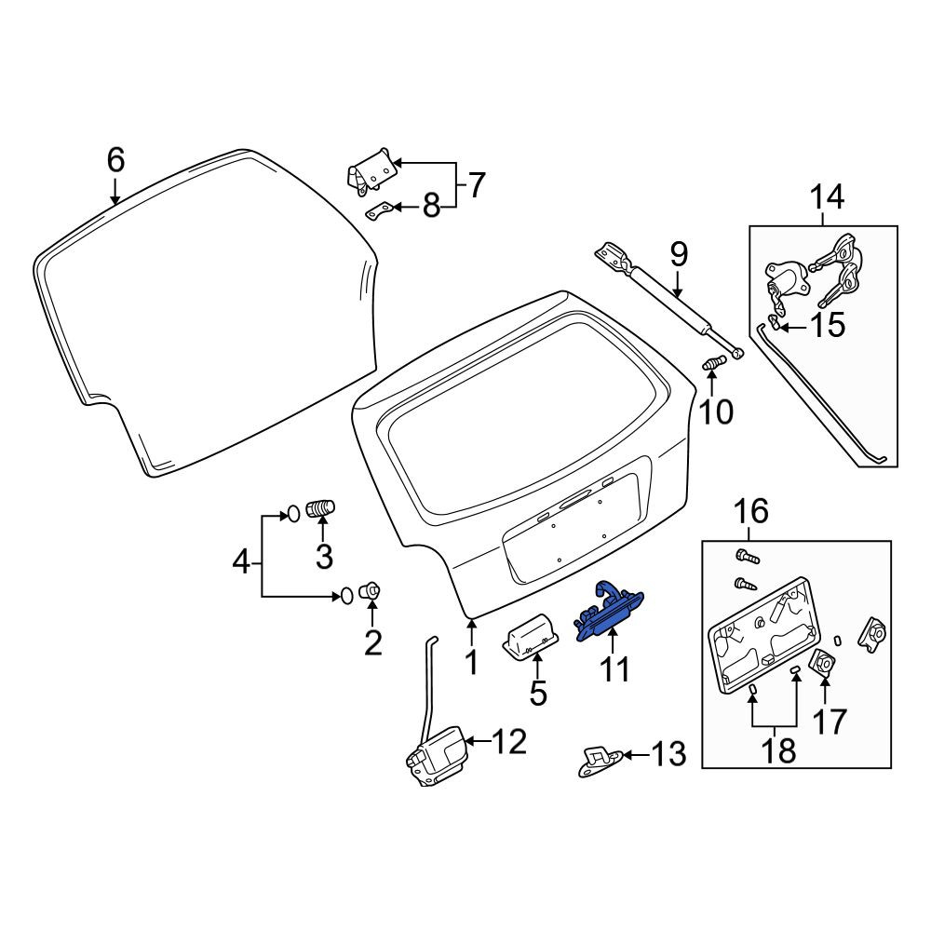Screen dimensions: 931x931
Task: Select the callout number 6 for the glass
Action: click(x=115, y=160)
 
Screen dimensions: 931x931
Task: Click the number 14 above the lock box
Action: click(x=827, y=197)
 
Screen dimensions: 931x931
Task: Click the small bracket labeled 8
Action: click(x=379, y=210)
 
